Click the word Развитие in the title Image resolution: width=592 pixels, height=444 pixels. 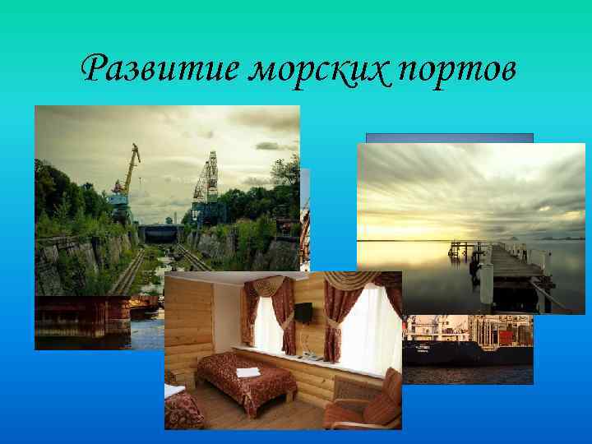tap(155, 69)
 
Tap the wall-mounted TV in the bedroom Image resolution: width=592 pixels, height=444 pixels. tap(303, 312)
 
